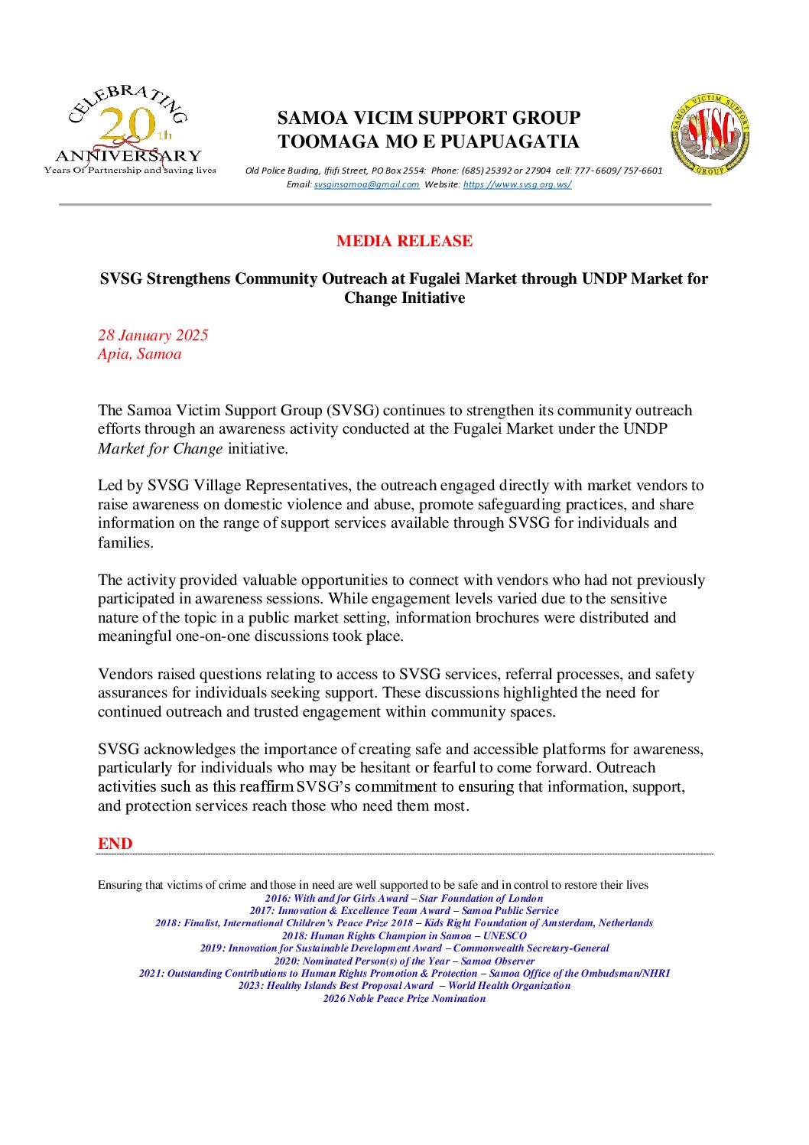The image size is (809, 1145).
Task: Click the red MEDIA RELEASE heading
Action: click(x=404, y=241)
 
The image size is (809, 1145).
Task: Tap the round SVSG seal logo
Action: click(x=710, y=134)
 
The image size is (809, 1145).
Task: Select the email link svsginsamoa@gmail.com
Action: click(x=366, y=184)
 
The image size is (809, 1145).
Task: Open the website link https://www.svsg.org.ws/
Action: click(x=517, y=184)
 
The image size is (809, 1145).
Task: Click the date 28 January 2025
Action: click(x=153, y=335)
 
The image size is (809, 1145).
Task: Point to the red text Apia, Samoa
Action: click(x=139, y=353)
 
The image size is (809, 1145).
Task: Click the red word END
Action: click(x=115, y=844)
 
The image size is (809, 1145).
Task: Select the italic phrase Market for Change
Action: click(x=160, y=448)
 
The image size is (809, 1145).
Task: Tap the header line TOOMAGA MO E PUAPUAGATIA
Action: click(x=428, y=141)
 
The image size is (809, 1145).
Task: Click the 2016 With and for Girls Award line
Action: click(x=404, y=898)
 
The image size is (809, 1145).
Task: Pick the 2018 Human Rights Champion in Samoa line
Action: click(x=404, y=935)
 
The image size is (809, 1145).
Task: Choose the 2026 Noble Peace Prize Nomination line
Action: click(x=404, y=998)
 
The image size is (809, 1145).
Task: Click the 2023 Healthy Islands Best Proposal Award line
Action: click(x=404, y=985)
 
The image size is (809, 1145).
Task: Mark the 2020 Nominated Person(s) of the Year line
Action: click(x=404, y=961)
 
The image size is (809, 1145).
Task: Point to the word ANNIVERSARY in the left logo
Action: click(x=128, y=156)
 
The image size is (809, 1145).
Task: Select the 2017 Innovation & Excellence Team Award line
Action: click(x=404, y=910)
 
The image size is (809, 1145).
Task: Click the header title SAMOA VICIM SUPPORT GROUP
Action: click(x=428, y=118)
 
